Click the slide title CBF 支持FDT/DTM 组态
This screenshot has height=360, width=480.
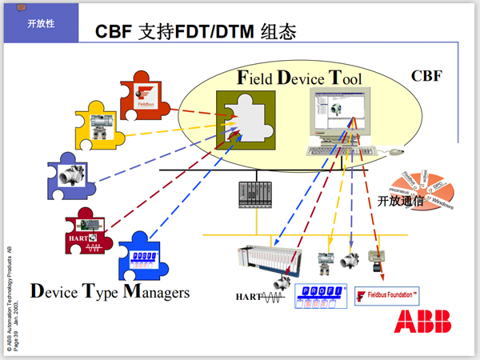tap(196, 33)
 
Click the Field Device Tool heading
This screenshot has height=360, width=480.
tap(300, 78)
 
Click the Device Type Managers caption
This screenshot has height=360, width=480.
tap(110, 291)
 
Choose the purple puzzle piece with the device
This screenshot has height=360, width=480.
tap(74, 178)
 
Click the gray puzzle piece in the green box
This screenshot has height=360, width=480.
tap(246, 120)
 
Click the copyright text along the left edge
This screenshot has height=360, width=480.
tap(9, 300)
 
